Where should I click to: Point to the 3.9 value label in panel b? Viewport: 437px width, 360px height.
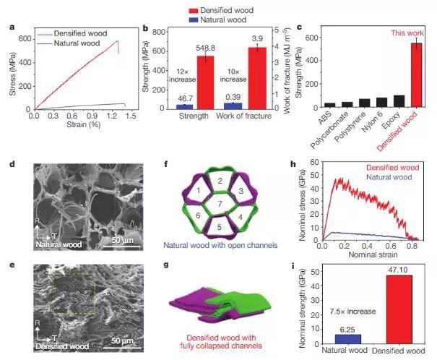(x=257, y=38)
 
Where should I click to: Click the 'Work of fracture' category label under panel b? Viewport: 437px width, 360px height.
(x=244, y=117)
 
